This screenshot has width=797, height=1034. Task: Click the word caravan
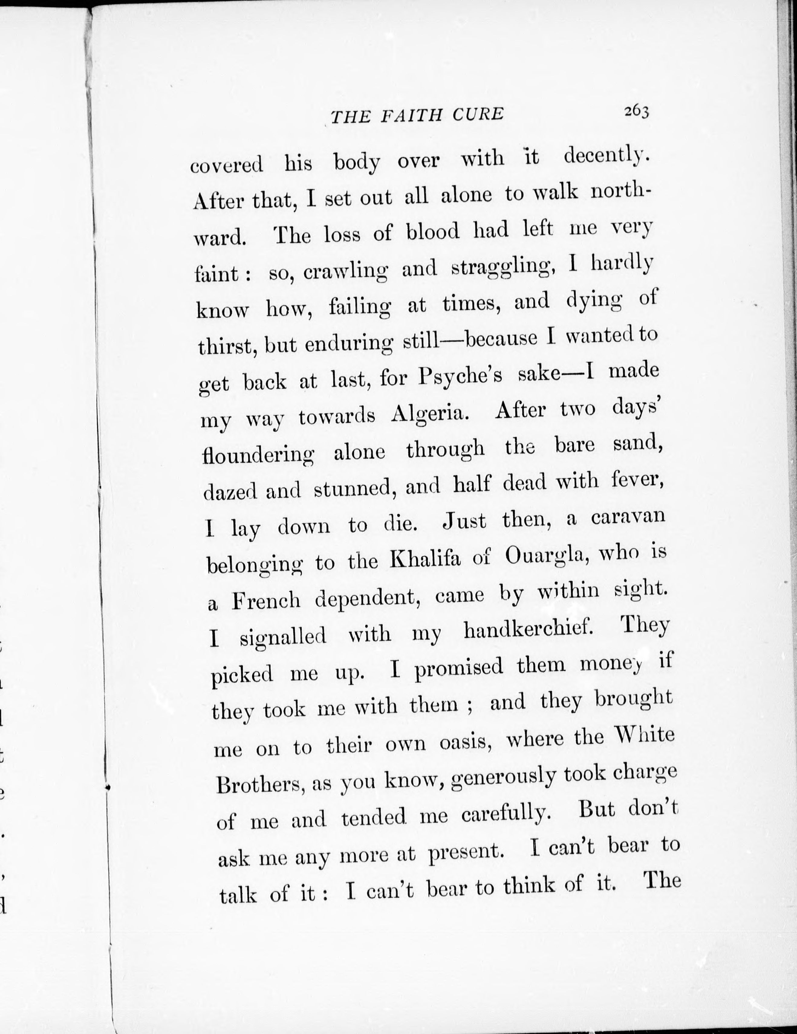click(x=628, y=516)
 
